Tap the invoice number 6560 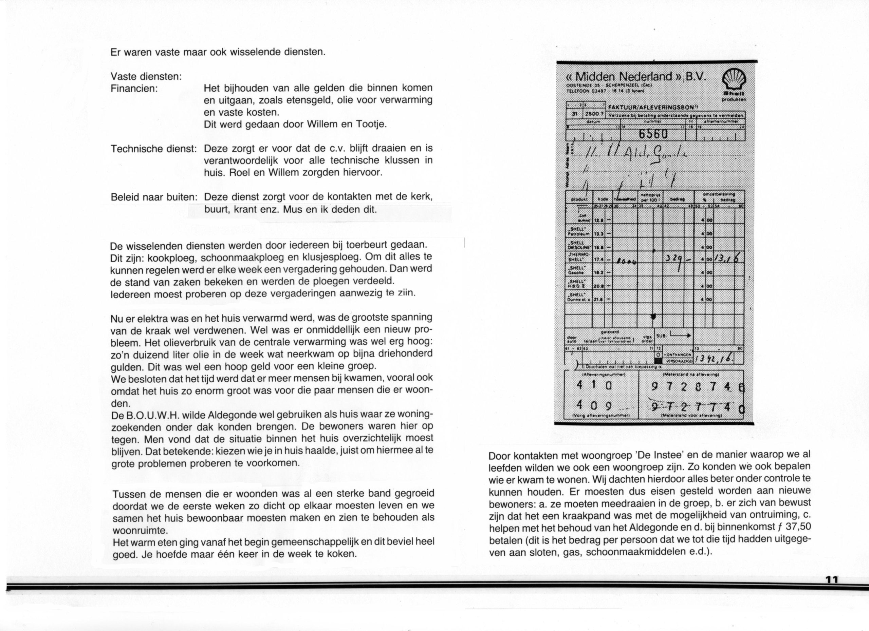tap(654, 134)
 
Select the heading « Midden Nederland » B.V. tap(636, 76)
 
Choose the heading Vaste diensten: tap(146, 77)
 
